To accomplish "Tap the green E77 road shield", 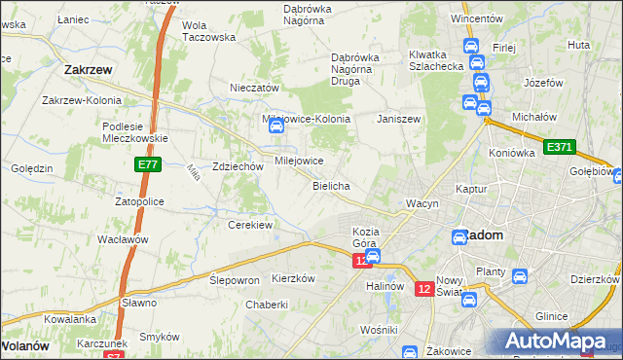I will point(147,166).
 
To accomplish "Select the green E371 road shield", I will point(560,147).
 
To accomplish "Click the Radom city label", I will point(484,235).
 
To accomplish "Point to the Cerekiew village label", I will point(249,225).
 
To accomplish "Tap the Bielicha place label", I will point(331,185).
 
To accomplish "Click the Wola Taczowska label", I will point(209,31).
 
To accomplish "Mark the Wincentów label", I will point(476,18).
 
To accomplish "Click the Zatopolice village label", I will point(140,201).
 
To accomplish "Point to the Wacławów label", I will point(122,239).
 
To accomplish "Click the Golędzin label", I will point(31,168).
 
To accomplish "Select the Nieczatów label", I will point(254,88).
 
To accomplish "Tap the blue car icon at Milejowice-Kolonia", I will point(275,126).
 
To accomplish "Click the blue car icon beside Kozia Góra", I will point(372,256).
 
